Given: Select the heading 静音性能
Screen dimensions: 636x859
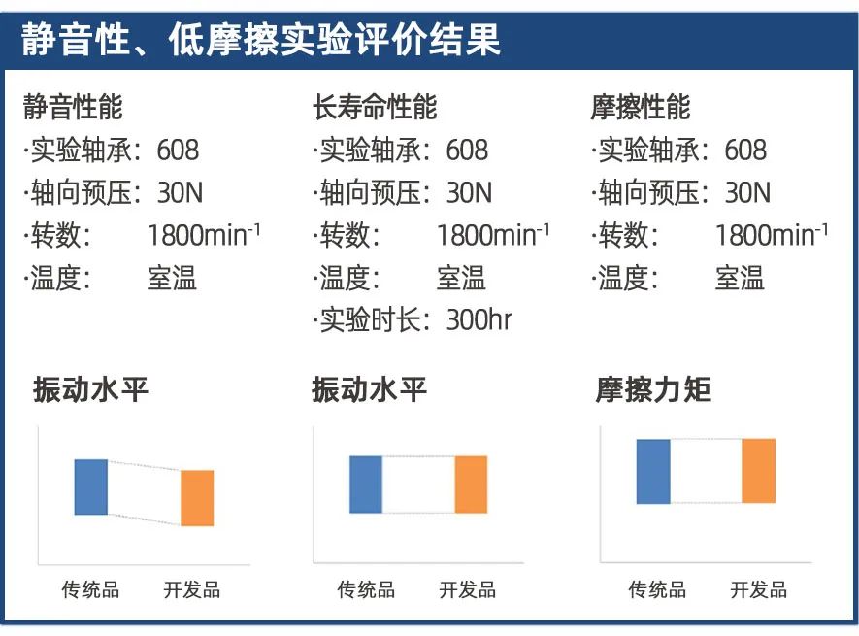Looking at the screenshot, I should point(74,107).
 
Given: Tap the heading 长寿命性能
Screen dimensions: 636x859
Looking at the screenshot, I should point(375,107).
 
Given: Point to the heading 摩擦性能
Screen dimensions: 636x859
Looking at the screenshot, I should point(641,107).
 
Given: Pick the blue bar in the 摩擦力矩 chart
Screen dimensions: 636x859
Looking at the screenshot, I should point(653,471).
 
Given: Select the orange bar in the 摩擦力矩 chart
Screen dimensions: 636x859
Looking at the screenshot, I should point(758,471).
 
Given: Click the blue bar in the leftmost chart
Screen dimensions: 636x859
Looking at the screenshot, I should point(91,486).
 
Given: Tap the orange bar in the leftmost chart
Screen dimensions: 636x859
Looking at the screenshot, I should point(197,497).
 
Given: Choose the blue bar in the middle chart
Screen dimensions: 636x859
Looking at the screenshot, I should point(366,484).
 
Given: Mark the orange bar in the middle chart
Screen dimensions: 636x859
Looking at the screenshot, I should point(471,484).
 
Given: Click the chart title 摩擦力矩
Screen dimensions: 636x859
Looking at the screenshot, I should point(653,390).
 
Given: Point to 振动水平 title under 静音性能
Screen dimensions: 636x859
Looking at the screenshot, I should point(91,390).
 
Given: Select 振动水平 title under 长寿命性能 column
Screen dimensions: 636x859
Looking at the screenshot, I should point(369,390).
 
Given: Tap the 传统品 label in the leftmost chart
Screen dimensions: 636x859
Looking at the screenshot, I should point(90,589).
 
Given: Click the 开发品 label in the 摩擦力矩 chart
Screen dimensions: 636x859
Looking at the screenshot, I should point(759,589).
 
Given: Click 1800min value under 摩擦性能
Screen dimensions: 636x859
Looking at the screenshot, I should point(771,236).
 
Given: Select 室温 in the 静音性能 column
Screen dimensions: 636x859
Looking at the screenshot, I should point(172,279).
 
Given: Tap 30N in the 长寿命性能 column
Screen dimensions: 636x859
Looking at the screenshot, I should point(469,193).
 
